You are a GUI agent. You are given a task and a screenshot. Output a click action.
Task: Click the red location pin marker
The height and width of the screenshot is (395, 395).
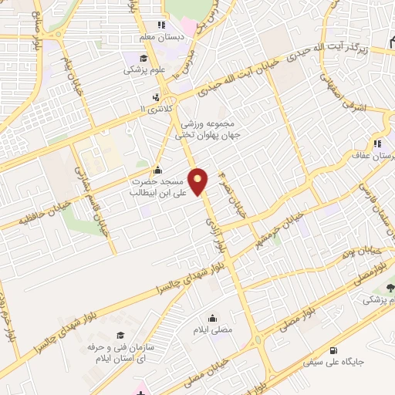(x=199, y=182)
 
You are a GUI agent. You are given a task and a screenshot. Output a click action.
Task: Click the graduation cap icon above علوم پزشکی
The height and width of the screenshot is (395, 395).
(x=143, y=58)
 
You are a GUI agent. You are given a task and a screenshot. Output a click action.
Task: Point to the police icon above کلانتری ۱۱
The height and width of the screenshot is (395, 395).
(x=157, y=97)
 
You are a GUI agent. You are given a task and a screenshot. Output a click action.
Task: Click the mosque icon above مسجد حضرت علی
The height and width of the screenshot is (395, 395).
(x=158, y=170)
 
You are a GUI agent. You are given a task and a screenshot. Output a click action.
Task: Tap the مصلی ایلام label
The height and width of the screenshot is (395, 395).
(x=213, y=329)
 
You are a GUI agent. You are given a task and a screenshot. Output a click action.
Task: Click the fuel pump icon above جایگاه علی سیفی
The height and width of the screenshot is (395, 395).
(x=332, y=348)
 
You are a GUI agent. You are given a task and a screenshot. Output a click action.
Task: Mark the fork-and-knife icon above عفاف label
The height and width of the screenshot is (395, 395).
(x=378, y=143)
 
